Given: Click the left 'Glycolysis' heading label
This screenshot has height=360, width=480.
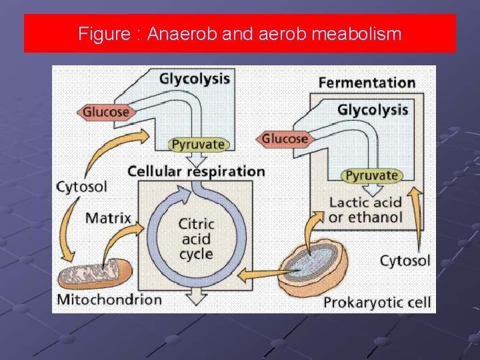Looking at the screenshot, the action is (194, 79).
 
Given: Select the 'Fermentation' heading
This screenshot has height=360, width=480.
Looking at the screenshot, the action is (367, 83).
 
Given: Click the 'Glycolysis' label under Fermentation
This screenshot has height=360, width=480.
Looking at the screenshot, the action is (373, 109).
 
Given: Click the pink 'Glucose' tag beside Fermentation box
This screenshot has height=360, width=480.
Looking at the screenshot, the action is (283, 139).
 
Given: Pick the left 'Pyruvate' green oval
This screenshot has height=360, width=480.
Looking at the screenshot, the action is (198, 144).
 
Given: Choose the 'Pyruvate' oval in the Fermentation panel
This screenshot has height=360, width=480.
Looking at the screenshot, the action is (373, 175).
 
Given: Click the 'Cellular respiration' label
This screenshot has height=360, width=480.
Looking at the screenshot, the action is (196, 171).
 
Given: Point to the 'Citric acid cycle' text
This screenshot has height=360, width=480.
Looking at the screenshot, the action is (196, 239).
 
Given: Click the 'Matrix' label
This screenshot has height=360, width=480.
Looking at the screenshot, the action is (108, 217).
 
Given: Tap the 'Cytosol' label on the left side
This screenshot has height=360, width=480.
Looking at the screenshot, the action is (82, 185).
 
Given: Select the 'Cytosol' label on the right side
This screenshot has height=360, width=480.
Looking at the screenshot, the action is (405, 260).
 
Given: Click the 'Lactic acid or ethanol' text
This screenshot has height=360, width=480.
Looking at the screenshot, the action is (365, 209).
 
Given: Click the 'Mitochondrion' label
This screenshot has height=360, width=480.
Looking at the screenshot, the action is (109, 299).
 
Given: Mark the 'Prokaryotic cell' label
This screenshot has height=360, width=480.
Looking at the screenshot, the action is (377, 303).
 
